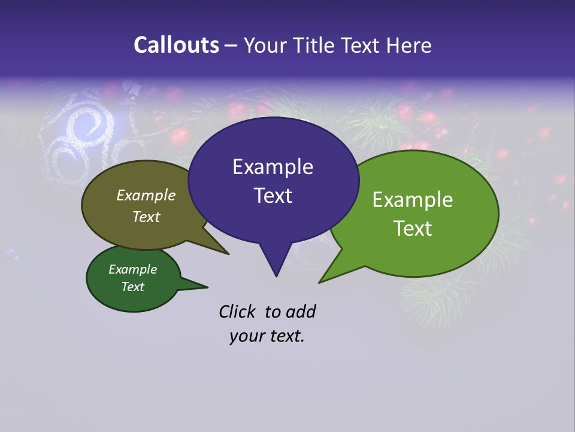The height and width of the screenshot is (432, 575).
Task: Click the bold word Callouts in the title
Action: pos(176,45)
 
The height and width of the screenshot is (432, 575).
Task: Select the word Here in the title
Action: pos(408,45)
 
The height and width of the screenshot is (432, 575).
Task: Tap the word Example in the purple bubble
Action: pos(273,167)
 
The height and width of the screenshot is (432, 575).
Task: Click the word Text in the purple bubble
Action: pos(273,196)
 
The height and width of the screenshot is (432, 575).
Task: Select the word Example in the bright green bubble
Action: pos(413,200)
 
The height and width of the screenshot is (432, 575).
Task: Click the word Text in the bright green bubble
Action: pos(413,229)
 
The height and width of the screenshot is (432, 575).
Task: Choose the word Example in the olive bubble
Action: pos(146,195)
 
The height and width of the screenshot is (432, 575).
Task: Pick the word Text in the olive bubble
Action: pos(146,217)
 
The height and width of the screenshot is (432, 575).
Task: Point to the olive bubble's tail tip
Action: pos(228,254)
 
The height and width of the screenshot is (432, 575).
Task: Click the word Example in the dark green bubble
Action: pos(133,269)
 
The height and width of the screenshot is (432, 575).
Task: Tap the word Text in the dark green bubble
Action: pos(133,287)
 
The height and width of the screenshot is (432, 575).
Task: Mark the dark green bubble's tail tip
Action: pos(207,286)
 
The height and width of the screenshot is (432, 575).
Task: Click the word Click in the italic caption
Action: pos(237,311)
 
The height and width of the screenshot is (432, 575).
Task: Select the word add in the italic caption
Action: pos(300,311)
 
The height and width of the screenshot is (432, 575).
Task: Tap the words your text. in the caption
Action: pos(267,336)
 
